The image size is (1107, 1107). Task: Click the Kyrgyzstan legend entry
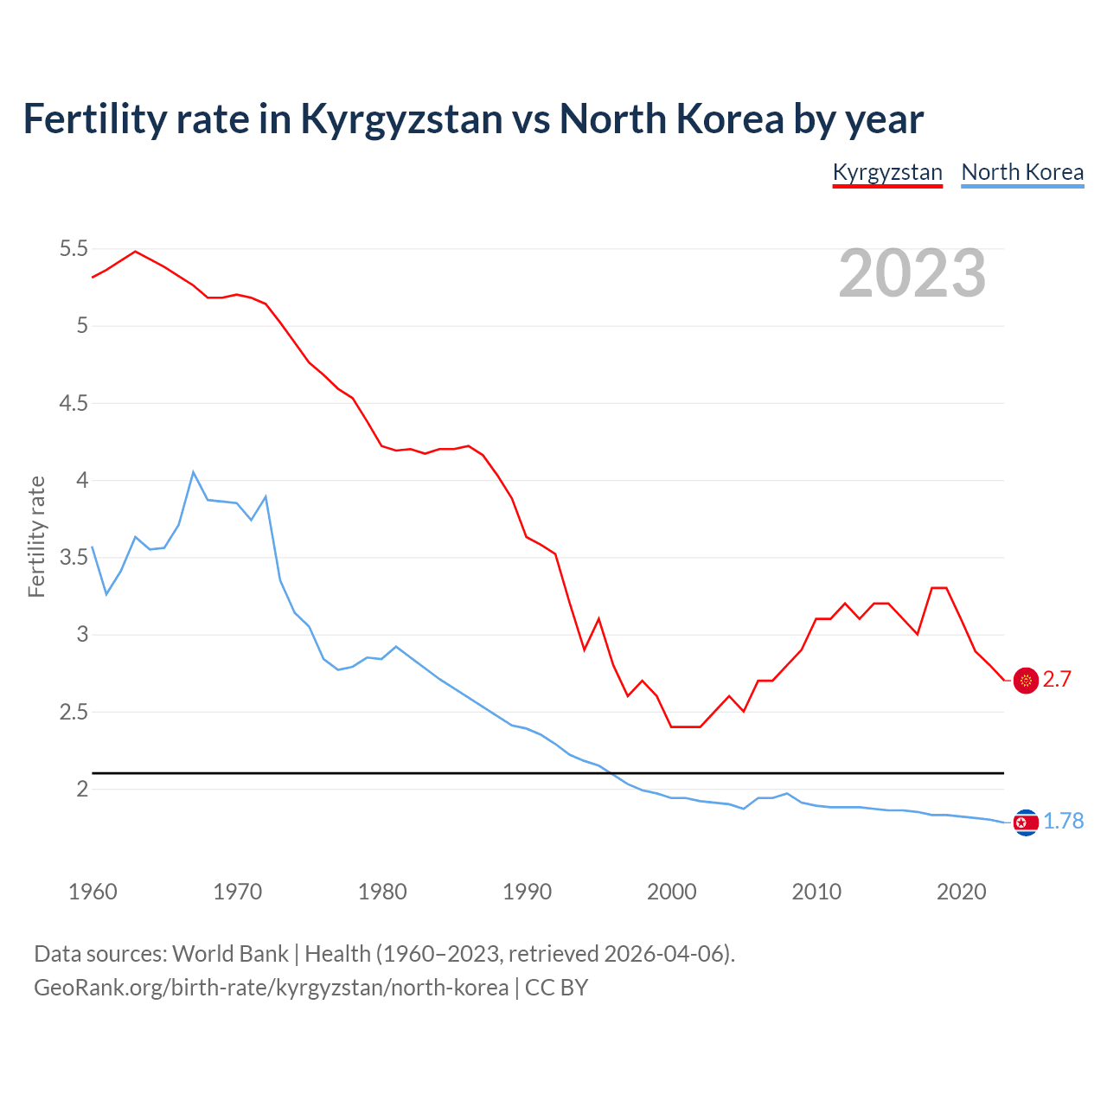(x=887, y=172)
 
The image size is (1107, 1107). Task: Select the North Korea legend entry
(x=1022, y=172)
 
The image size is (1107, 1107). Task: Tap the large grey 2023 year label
(x=912, y=273)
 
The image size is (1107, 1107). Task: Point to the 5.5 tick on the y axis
(x=74, y=249)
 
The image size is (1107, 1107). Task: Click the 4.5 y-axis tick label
(x=74, y=403)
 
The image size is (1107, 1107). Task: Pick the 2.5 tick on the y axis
(x=74, y=712)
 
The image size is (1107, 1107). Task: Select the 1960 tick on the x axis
(x=93, y=892)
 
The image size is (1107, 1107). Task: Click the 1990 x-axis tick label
(x=527, y=892)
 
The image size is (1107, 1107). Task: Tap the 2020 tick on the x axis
(x=961, y=892)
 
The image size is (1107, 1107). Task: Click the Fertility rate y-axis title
(x=36, y=536)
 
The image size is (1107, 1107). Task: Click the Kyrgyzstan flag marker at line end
(x=1026, y=681)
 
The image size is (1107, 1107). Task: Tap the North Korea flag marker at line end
(x=1026, y=822)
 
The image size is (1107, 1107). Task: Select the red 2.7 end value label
(x=1057, y=680)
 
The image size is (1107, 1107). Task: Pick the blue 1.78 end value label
(x=1063, y=822)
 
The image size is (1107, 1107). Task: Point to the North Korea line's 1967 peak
(x=194, y=472)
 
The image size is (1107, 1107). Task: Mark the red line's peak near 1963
(x=135, y=252)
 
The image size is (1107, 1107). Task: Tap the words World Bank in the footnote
(x=230, y=954)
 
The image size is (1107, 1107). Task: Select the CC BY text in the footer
(x=556, y=988)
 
